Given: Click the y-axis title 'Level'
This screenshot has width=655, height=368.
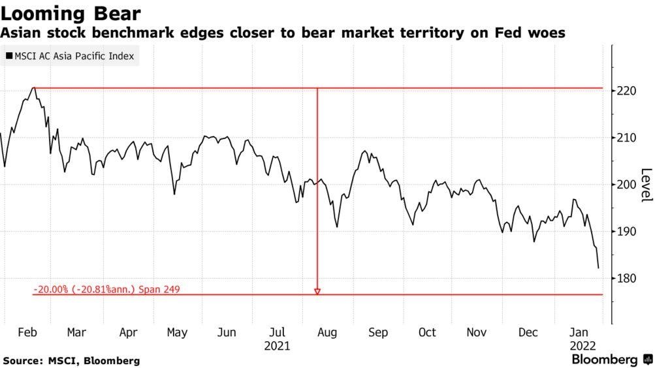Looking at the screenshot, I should pyautogui.click(x=647, y=185).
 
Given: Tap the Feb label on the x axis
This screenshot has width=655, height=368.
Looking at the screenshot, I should pyautogui.click(x=27, y=332).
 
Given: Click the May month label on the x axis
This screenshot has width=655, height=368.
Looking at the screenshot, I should pyautogui.click(x=177, y=332).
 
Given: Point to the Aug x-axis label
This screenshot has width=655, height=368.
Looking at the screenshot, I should pyautogui.click(x=327, y=332).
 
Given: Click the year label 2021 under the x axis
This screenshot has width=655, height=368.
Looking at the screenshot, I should pyautogui.click(x=277, y=345).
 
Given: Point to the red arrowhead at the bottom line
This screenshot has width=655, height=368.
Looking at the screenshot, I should pyautogui.click(x=317, y=292).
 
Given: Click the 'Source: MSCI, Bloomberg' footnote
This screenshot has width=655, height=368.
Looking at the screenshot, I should pyautogui.click(x=71, y=360).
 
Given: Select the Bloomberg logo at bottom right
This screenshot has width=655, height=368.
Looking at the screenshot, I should pyautogui.click(x=611, y=360).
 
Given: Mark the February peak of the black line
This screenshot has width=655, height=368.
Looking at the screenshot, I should pyautogui.click(x=33, y=88).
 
